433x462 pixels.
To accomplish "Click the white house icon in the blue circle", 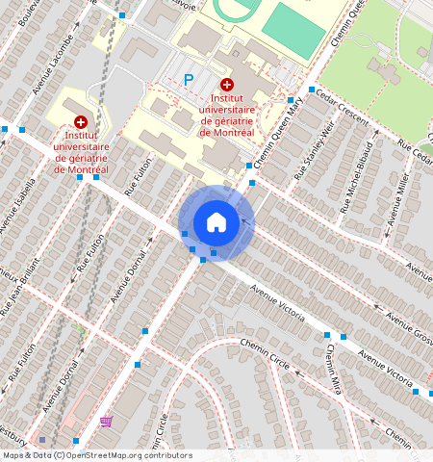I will coord(216,222).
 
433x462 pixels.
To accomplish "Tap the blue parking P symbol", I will coord(189,81).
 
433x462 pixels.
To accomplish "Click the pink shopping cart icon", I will coord(105,421).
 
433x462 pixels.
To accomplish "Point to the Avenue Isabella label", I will coord(16,206).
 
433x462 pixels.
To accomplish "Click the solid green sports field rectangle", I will coord(293,30).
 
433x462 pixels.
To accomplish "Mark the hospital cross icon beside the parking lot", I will coord(226,86).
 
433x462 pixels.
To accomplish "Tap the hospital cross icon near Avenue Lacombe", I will coord(80,122).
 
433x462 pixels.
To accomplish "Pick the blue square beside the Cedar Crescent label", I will coord(312,90).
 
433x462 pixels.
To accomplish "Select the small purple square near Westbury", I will coord(55,439).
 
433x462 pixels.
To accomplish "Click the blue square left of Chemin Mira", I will coord(327,335).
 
